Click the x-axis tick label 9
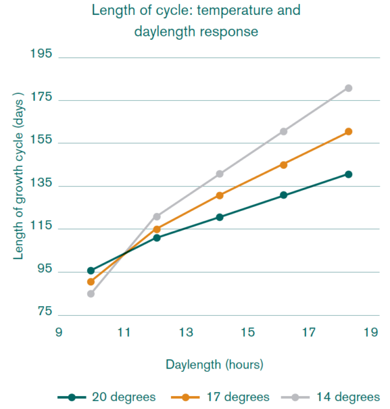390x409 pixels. (x=58, y=333)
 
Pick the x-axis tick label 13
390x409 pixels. (x=186, y=333)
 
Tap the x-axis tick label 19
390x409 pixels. (x=370, y=333)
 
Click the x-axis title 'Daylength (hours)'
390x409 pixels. (x=214, y=364)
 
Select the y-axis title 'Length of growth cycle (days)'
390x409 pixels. (x=19, y=176)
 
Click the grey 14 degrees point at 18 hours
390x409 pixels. (x=348, y=88)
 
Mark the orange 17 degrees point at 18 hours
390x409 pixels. (x=348, y=132)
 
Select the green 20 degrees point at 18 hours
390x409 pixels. (x=348, y=174)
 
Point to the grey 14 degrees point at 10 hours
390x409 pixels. (x=91, y=294)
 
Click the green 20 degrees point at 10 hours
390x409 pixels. (x=91, y=270)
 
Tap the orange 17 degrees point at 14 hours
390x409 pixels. (x=220, y=195)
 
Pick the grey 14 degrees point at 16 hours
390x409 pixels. (x=283, y=132)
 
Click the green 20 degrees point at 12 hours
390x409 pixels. (x=157, y=238)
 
